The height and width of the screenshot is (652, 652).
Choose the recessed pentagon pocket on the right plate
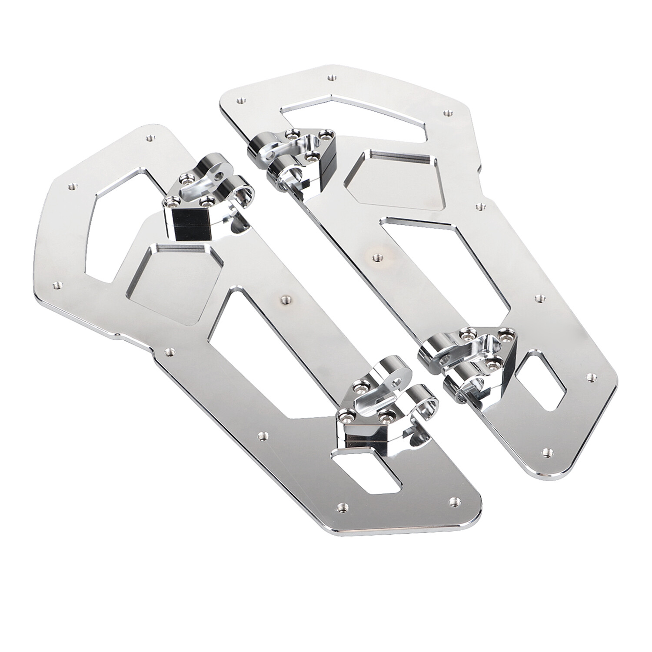(x=396, y=178)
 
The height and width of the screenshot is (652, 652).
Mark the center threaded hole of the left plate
(x=285, y=299)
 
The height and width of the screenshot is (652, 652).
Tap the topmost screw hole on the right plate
(x=331, y=77)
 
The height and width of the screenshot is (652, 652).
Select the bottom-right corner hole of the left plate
(x=455, y=500)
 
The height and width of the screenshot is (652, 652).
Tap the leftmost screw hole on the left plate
(x=56, y=285)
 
